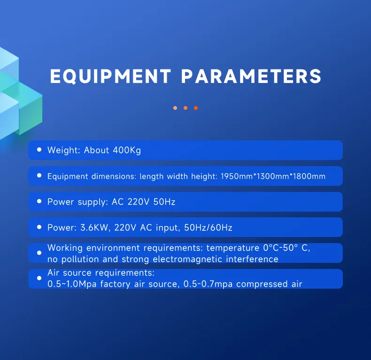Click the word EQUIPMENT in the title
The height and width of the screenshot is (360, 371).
point(110,77)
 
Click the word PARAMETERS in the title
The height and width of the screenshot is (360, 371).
point(251,77)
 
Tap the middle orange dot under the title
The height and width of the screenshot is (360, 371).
point(185,108)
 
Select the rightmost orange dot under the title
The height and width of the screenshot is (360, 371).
point(196,108)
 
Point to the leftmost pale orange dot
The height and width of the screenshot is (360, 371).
point(175,108)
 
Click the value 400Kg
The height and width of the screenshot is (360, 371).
point(126,151)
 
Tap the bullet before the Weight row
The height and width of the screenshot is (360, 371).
point(39,150)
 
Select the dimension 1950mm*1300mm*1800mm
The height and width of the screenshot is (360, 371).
point(273,176)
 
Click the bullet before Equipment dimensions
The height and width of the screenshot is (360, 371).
point(39,176)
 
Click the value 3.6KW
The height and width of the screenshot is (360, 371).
point(91,228)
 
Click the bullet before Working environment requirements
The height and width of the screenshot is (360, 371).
point(39,253)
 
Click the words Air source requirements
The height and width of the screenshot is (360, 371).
point(100,273)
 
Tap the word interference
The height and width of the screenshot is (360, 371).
point(255,259)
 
